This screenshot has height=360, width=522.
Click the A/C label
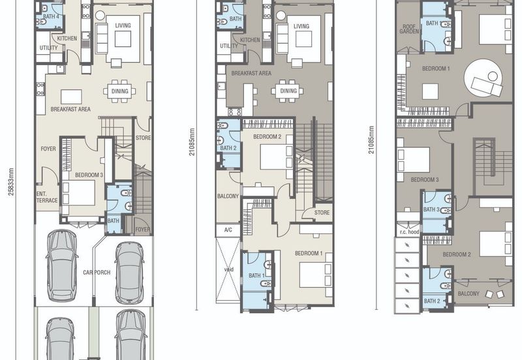click(228, 230)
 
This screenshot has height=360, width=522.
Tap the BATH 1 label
click(256, 276)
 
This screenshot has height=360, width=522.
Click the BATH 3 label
click(431, 210)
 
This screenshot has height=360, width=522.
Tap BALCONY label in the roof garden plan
click(468, 293)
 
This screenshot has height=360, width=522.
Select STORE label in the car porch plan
click(143, 138)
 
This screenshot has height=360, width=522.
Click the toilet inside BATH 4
click(42, 22)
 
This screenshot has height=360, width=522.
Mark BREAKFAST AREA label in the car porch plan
click(70, 110)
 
